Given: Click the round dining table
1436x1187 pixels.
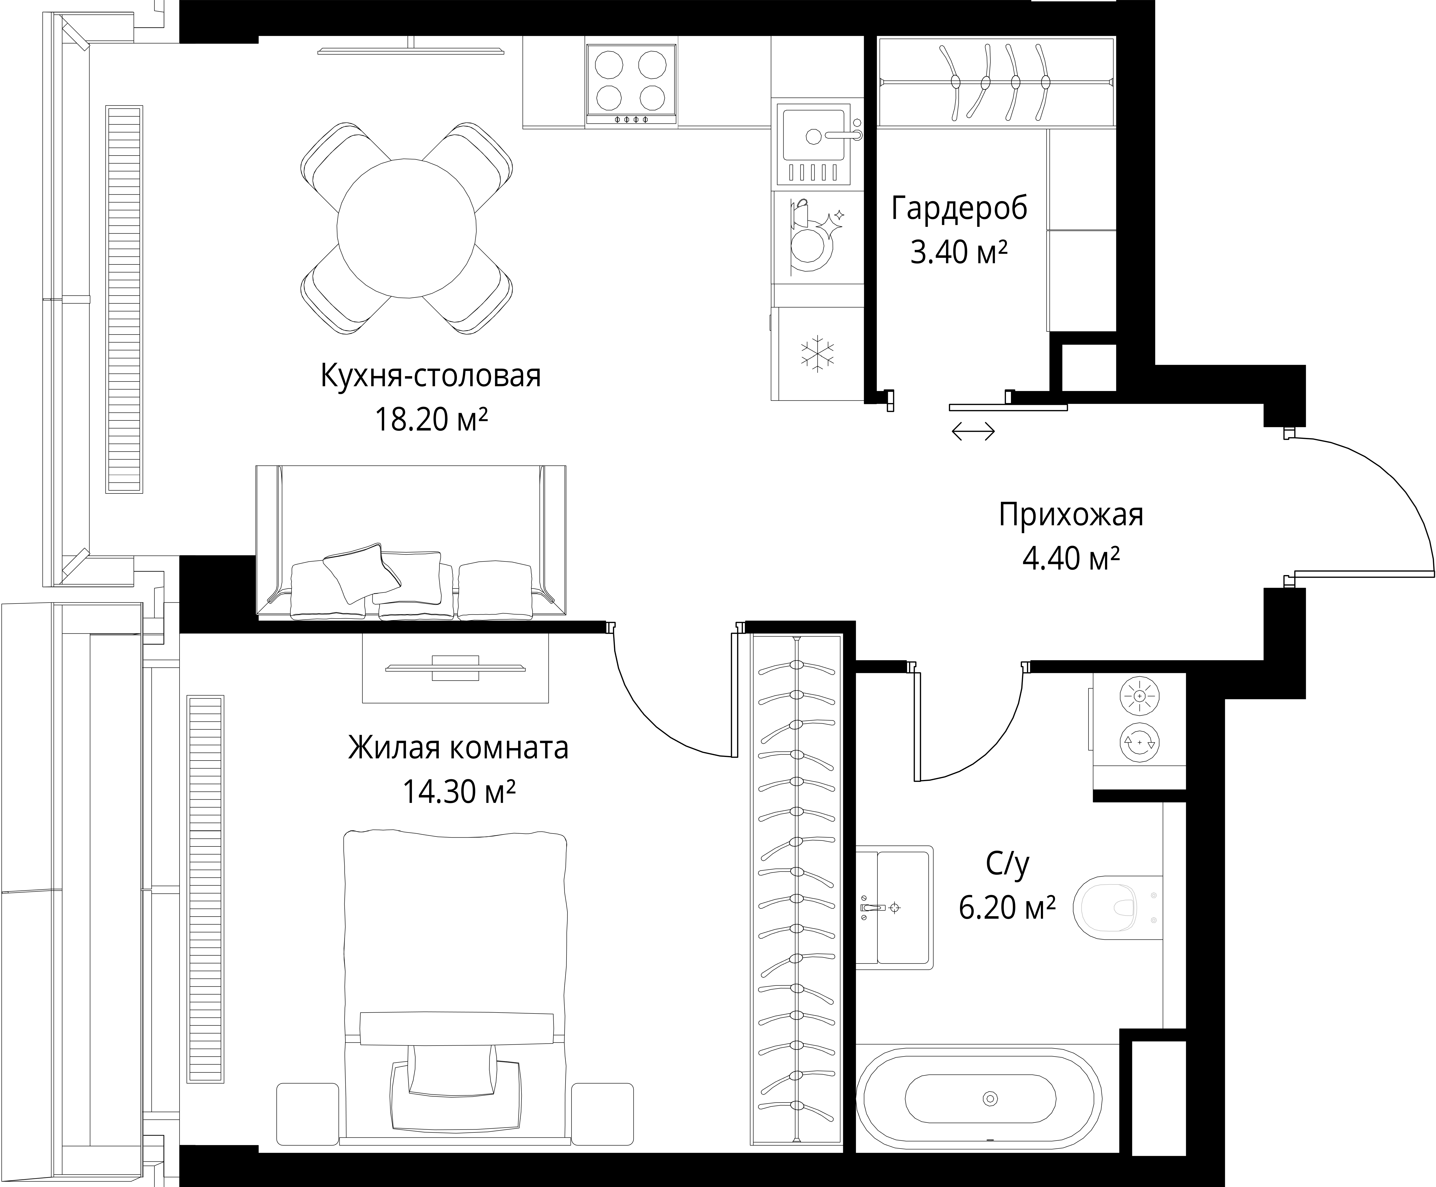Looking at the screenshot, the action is click(407, 228).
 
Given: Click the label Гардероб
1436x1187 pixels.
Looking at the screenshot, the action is click(959, 208).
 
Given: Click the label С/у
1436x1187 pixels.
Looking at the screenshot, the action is click(1007, 865).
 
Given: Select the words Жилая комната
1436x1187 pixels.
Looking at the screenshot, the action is click(458, 747).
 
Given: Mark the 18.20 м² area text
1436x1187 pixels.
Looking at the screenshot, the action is click(431, 419).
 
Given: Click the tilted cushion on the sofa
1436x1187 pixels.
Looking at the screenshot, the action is click(362, 573).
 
